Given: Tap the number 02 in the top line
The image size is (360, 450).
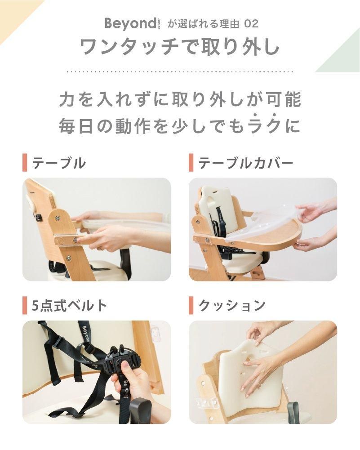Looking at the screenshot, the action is coord(251,24).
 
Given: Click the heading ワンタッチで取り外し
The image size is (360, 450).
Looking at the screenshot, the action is coord(180,46).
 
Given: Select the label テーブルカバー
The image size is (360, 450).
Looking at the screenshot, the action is coord(245,163).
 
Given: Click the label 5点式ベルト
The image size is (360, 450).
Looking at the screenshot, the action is coord(69,305).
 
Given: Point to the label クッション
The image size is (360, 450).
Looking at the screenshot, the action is coord(232,305).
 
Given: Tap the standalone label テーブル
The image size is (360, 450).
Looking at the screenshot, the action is coord(59,163).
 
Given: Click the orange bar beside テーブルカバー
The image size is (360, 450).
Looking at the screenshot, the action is coord(191,163).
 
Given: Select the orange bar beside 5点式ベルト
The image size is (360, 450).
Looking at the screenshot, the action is coord(25,305).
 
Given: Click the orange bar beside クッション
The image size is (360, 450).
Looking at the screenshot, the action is coord(191,305).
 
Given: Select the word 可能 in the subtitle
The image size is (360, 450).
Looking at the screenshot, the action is coord(284,100).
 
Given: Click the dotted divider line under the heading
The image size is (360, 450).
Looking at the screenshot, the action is coord(180,71).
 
